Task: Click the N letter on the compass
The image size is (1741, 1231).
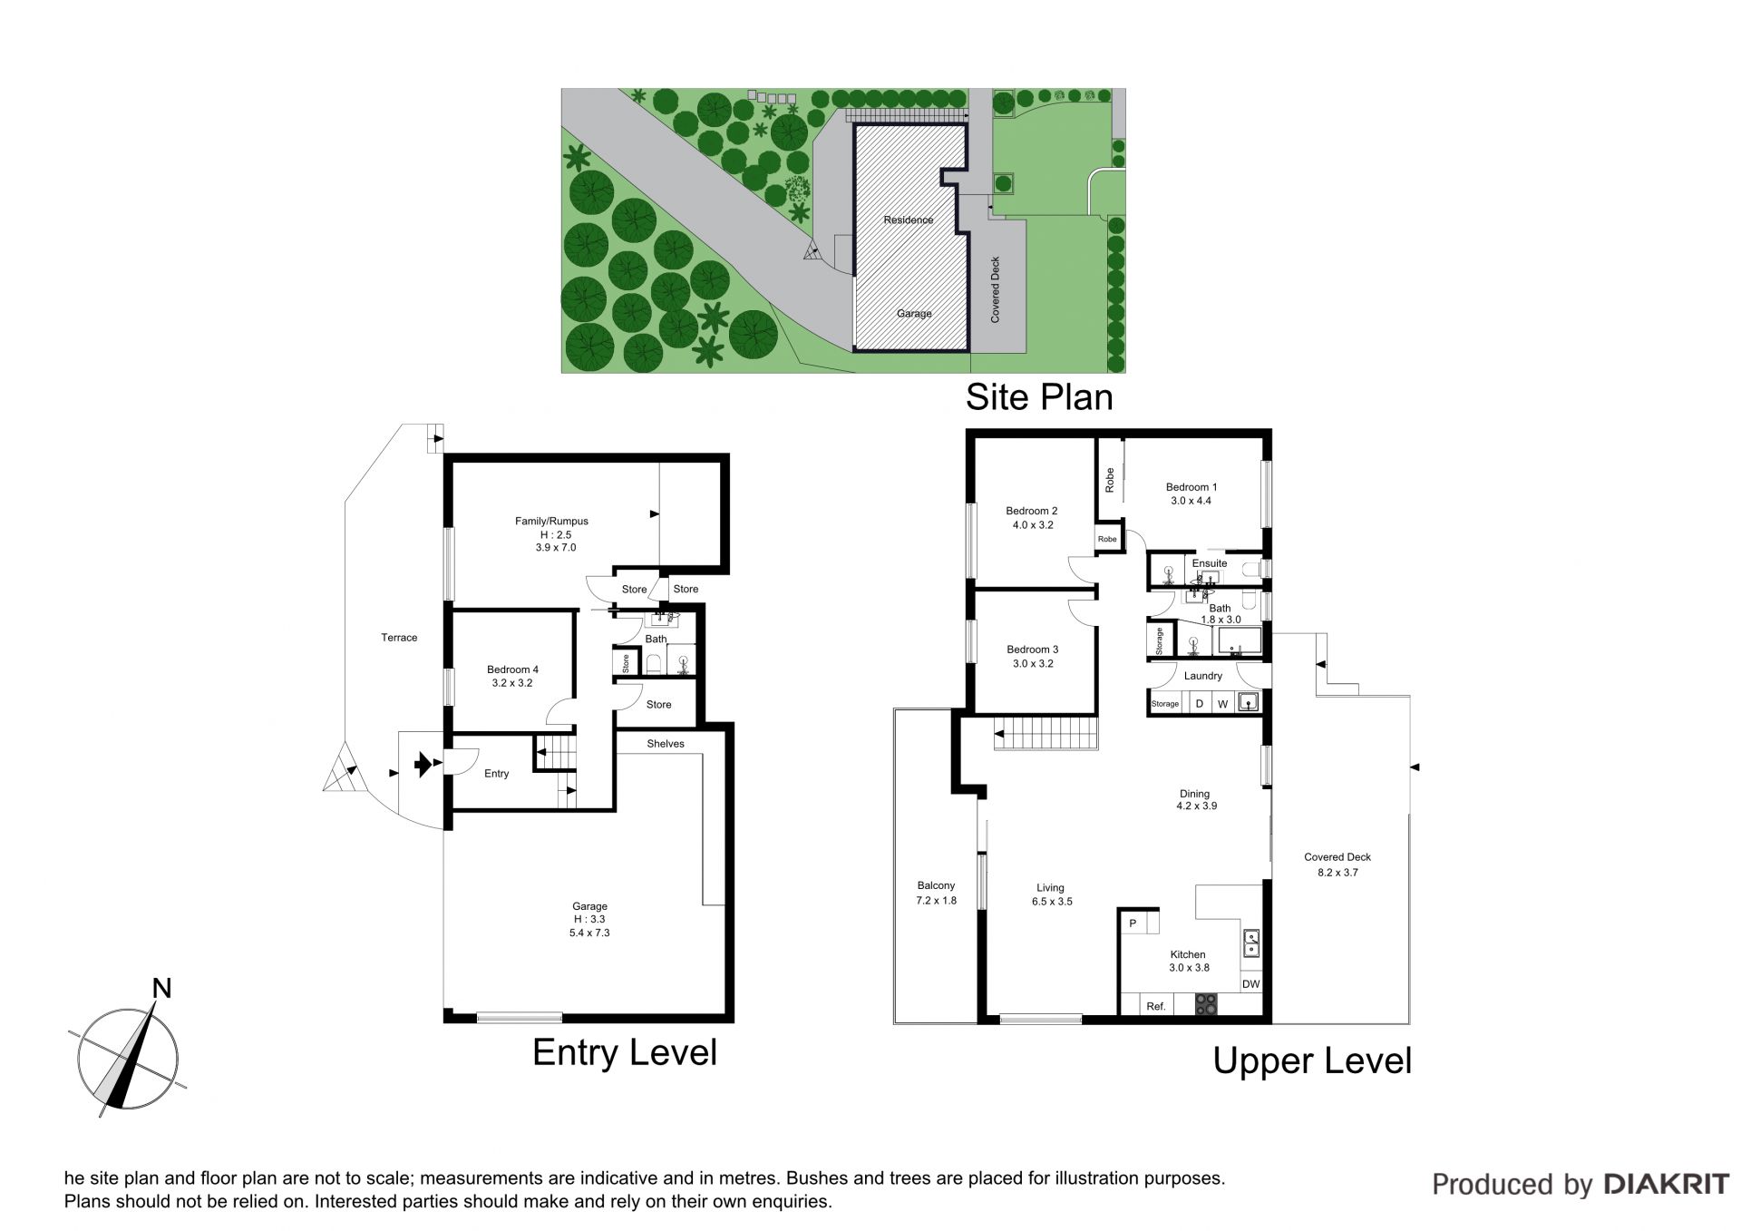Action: pyautogui.click(x=161, y=988)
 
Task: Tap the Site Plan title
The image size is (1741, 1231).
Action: pyautogui.click(x=1039, y=397)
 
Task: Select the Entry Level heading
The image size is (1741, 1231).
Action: pyautogui.click(x=625, y=1052)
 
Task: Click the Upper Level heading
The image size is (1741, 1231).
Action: pyautogui.click(x=1312, y=1060)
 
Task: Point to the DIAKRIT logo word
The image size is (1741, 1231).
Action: pyautogui.click(x=1667, y=1184)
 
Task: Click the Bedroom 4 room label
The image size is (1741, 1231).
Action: pyautogui.click(x=512, y=669)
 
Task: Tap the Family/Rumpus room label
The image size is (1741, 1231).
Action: pyautogui.click(x=551, y=521)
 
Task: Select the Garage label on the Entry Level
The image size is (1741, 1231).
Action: pyautogui.click(x=589, y=906)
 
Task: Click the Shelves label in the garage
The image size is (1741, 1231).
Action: pyautogui.click(x=666, y=744)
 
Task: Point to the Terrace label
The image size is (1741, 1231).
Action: pyautogui.click(x=399, y=638)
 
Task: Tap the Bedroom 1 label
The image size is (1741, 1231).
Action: pyautogui.click(x=1191, y=487)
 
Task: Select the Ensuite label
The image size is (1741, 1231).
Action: pyautogui.click(x=1210, y=563)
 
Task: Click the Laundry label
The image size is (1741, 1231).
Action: pyautogui.click(x=1203, y=676)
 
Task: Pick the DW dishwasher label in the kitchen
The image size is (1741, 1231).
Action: pyautogui.click(x=1250, y=984)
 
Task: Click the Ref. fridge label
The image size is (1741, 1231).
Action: pyautogui.click(x=1156, y=1006)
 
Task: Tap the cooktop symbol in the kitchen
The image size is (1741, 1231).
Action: pyautogui.click(x=1206, y=1004)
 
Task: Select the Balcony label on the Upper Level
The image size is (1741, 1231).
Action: pyautogui.click(x=936, y=885)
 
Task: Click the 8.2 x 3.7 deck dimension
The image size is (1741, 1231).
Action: pyautogui.click(x=1337, y=873)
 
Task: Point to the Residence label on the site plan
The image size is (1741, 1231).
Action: pyautogui.click(x=909, y=220)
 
